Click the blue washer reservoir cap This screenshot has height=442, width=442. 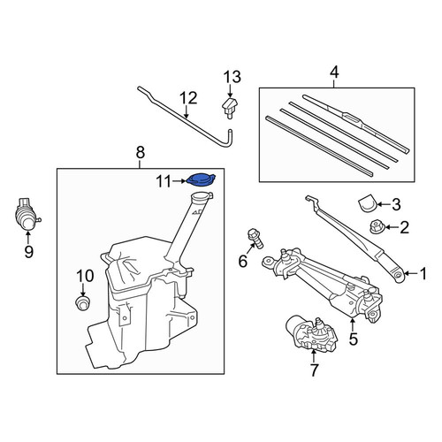tap(202, 180)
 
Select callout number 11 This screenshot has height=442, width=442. tap(164, 181)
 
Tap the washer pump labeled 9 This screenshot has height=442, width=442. tap(27, 213)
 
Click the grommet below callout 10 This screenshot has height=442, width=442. tap(82, 303)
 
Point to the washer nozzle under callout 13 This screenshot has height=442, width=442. tap(229, 107)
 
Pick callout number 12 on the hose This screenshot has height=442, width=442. tap(188, 98)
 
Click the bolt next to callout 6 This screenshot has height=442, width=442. tap(255, 239)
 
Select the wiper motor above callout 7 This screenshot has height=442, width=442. tap(312, 333)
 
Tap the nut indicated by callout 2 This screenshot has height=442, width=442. tap(376, 226)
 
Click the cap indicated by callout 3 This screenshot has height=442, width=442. tap(367, 202)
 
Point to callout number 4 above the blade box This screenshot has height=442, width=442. tap(334, 72)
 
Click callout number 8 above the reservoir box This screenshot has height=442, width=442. tap(141, 153)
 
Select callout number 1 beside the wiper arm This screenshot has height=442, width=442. tap(423, 274)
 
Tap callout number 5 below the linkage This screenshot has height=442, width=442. tap(353, 339)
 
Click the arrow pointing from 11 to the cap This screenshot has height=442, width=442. tap(179, 181)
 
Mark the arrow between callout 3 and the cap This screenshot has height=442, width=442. tap(383, 204)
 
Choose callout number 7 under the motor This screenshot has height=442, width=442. tap(314, 370)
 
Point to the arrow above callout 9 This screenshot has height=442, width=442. tap(28, 237)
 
